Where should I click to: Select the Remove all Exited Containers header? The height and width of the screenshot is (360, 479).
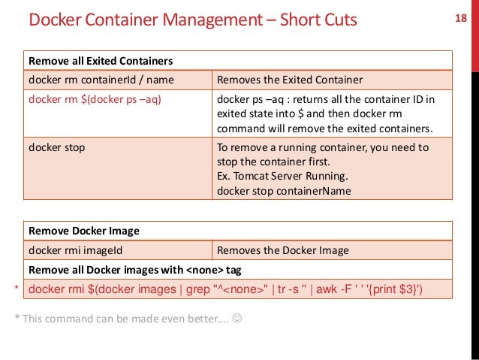(x=101, y=60)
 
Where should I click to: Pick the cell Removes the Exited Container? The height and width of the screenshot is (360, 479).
(x=290, y=79)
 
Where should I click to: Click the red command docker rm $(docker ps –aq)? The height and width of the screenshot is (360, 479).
(x=95, y=98)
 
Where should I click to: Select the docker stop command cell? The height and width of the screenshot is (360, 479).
(x=56, y=147)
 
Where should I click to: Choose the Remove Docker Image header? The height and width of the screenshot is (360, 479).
(x=84, y=231)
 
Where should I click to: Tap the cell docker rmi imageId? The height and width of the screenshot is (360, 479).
(x=77, y=250)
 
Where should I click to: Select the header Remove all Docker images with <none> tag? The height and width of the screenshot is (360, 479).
(x=134, y=269)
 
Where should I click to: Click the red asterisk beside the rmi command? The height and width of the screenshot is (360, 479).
(x=17, y=289)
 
